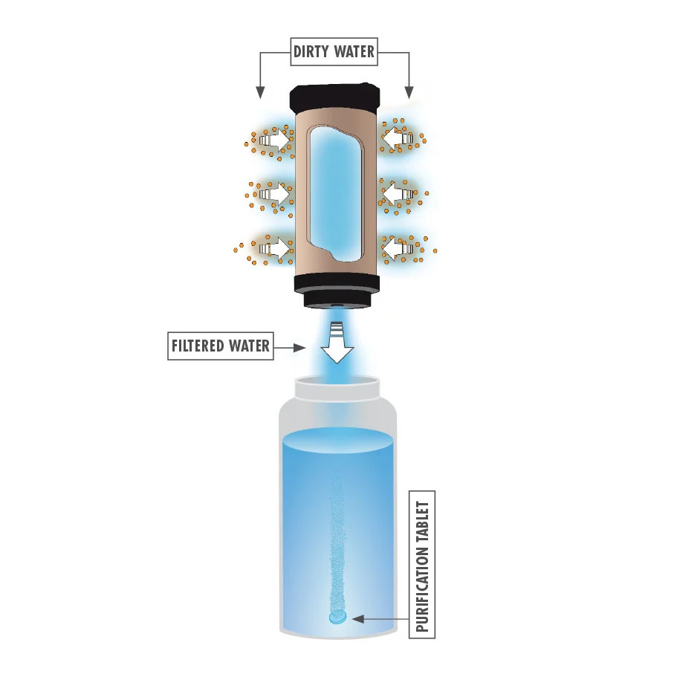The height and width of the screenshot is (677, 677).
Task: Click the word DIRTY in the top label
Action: (311, 51)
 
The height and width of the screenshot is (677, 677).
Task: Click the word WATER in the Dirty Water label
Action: (354, 51)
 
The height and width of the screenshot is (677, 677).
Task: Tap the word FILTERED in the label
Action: (198, 346)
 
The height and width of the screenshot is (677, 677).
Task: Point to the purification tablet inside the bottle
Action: (337, 618)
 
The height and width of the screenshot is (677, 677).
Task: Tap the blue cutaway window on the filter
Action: (335, 194)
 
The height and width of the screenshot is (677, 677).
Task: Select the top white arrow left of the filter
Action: (274, 139)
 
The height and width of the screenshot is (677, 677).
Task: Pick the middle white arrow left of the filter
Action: (274, 193)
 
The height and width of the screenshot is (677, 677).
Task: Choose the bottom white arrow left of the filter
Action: (274, 249)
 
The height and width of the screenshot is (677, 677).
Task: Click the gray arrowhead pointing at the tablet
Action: (358, 619)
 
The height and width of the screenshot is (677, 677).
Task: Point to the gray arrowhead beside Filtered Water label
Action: (299, 348)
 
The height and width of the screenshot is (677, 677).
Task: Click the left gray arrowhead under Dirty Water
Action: (260, 92)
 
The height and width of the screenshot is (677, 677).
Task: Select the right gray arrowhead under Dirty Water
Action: (409, 92)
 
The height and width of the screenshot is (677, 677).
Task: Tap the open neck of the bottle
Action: (337, 387)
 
